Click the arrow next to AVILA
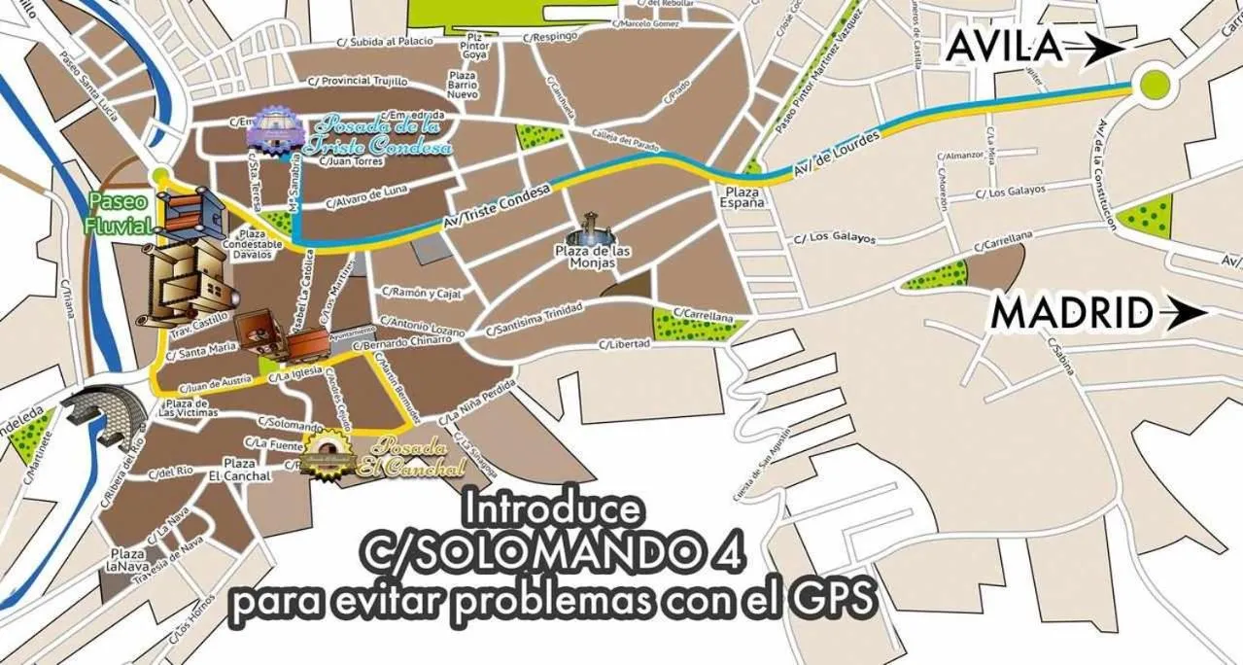coord(1093,48)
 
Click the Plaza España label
coord(741,198)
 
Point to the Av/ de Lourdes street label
coord(836,156)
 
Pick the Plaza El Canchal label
coord(239,470)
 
